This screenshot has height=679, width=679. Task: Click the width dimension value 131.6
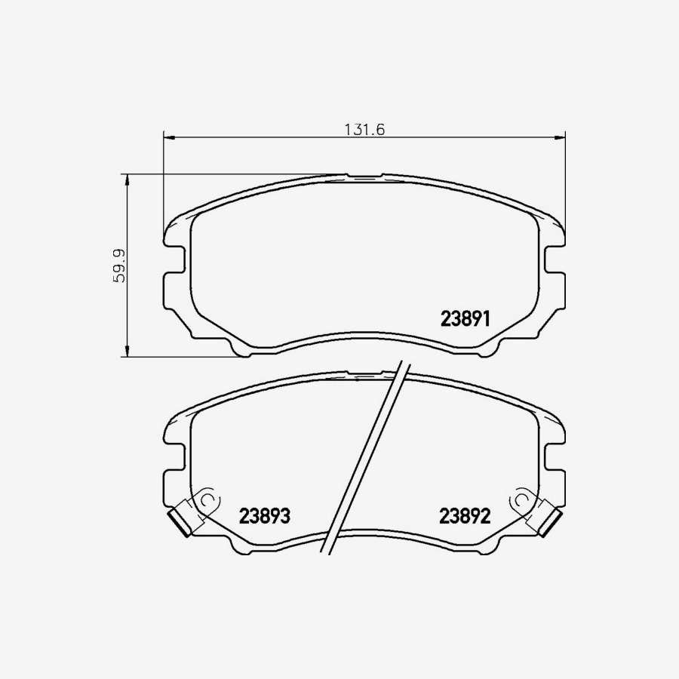point(365,129)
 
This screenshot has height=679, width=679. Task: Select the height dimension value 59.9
point(118,266)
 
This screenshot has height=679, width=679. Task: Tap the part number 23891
point(465,319)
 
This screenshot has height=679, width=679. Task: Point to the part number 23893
point(265,517)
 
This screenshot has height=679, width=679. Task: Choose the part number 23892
point(465,517)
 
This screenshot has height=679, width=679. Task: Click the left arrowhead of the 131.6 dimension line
point(169,137)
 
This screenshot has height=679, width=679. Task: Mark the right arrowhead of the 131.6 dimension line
point(560,137)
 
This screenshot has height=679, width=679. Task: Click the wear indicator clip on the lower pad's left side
point(180,521)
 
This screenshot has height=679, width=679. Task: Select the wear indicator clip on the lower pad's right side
point(550,521)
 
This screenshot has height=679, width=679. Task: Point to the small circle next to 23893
point(207,499)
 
